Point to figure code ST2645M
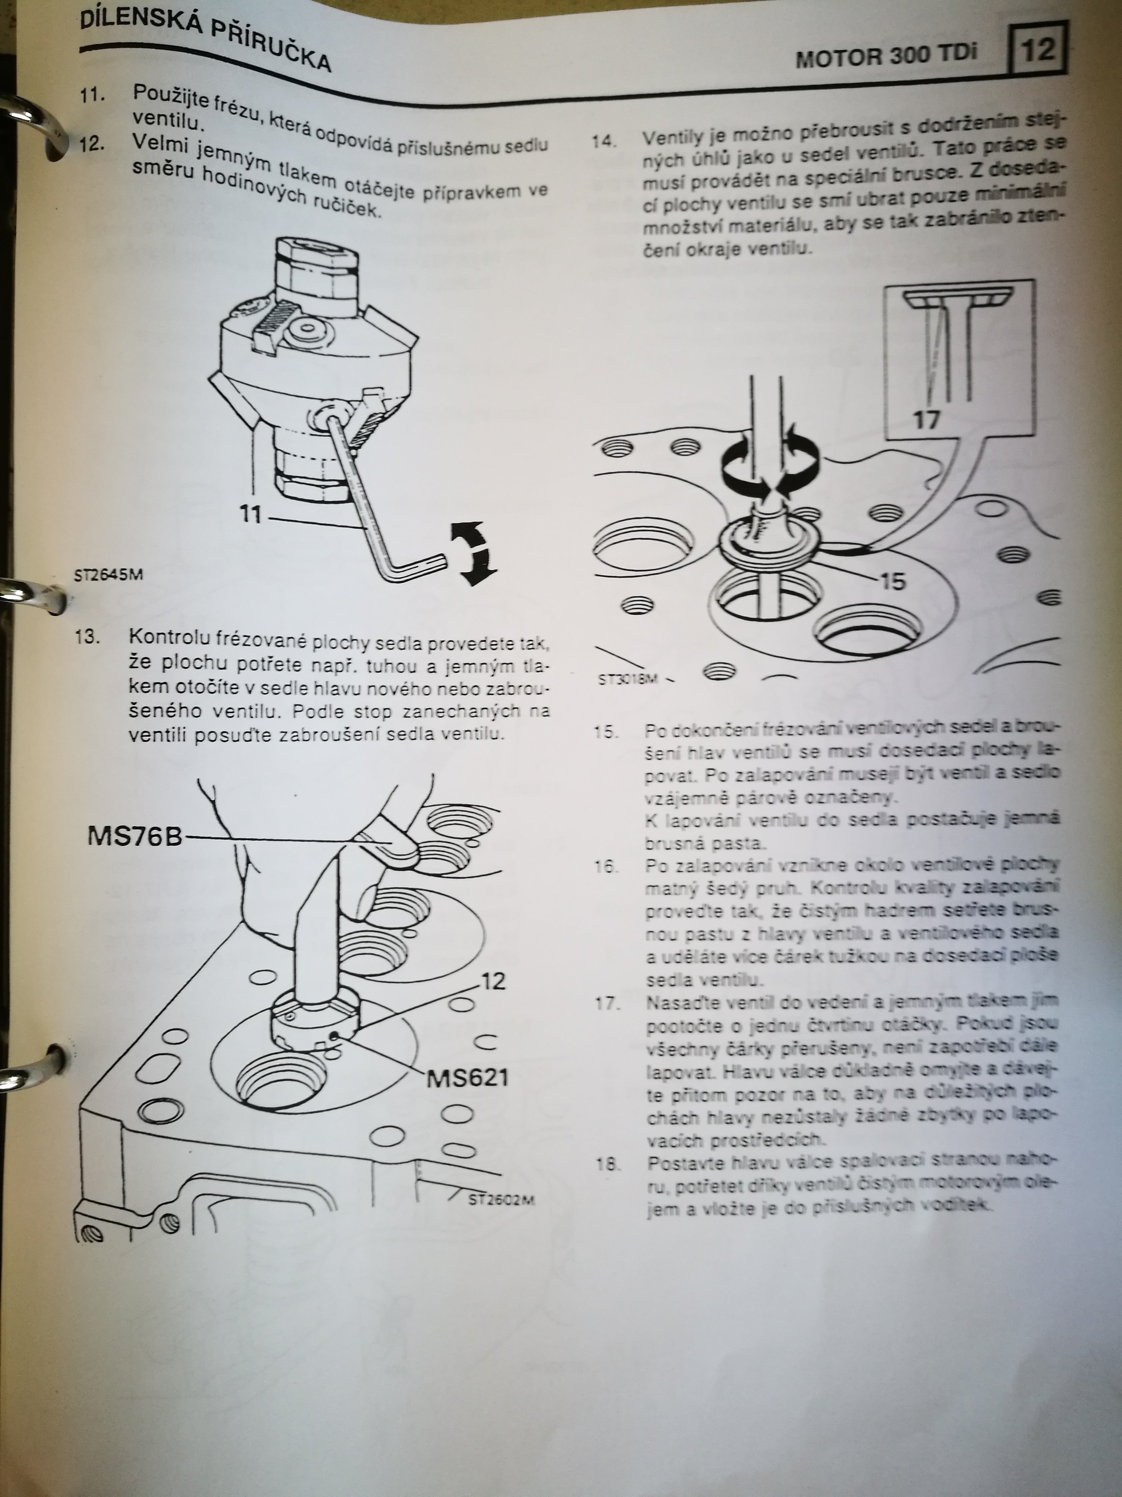pos(108,575)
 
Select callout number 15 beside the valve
pos(893,581)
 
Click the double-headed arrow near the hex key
pos(474,553)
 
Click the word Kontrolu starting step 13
pos(169,638)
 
